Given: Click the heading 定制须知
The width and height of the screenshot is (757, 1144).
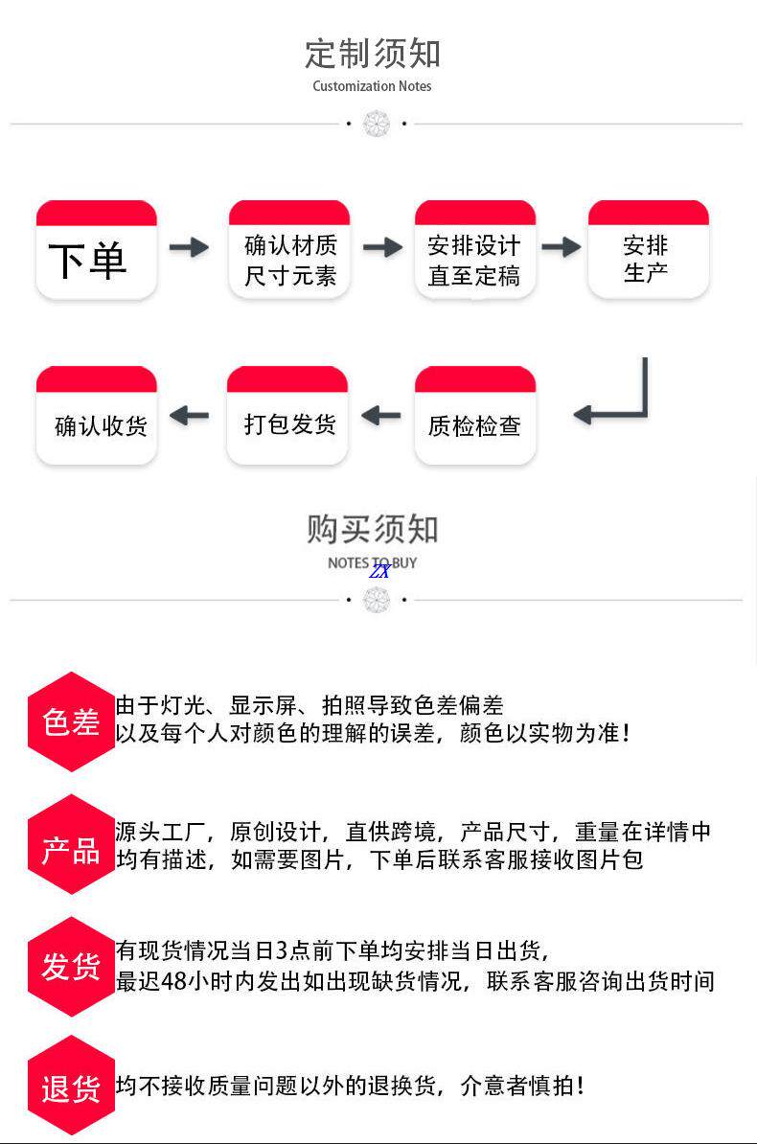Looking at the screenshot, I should [373, 53].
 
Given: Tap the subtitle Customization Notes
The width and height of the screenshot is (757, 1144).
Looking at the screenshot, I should [372, 86].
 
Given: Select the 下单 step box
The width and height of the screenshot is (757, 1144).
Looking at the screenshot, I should [96, 250].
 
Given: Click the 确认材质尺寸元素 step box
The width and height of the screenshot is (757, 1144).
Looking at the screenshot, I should [289, 250].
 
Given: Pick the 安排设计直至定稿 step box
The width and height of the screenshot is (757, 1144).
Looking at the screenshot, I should [474, 250].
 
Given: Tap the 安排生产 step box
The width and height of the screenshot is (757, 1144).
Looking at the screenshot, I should [648, 250].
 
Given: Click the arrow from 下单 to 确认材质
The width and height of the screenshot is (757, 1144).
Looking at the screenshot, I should [189, 247].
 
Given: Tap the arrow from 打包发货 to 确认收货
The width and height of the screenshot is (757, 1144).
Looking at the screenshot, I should [189, 415].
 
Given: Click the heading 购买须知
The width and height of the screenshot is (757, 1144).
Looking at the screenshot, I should [373, 528].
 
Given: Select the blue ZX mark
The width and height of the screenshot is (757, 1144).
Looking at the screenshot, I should [379, 571].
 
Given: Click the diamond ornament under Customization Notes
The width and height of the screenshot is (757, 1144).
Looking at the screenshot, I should [377, 124].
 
